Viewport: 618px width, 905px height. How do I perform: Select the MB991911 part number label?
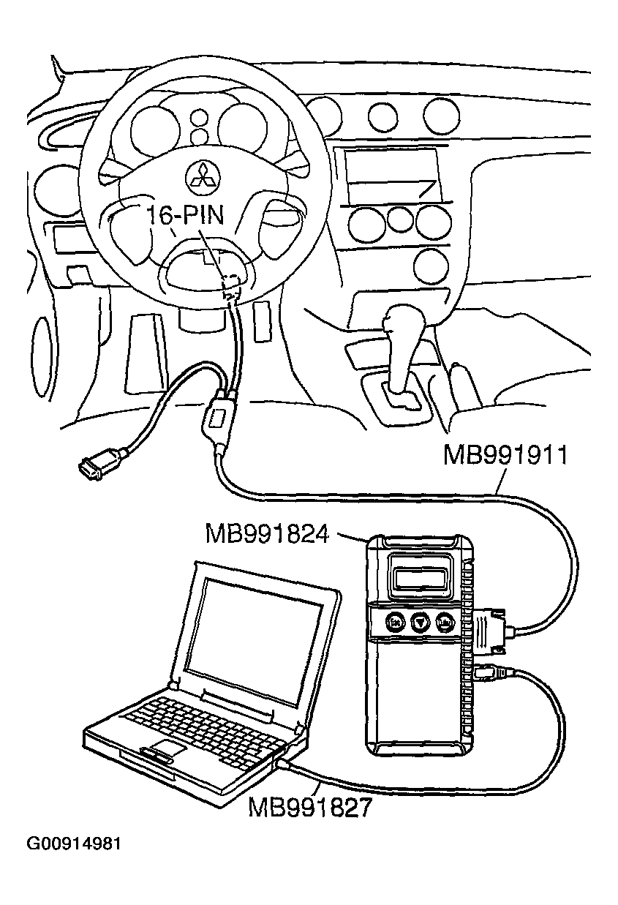[505, 455]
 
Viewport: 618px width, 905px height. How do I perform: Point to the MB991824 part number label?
[268, 533]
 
